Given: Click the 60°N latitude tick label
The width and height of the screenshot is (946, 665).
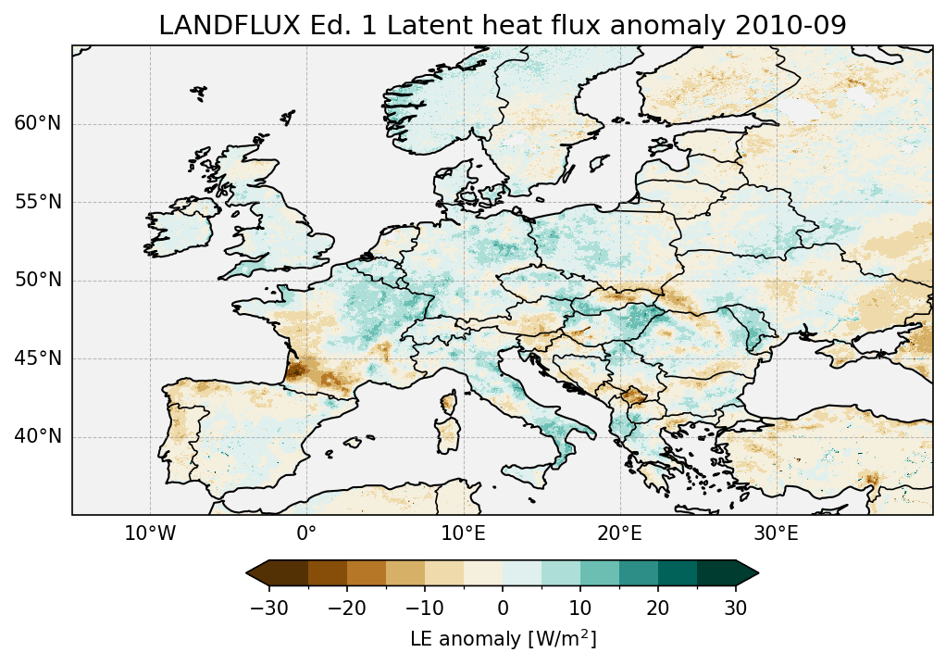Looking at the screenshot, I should point(38,124).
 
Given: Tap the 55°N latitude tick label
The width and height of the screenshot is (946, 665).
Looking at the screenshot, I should point(38,202).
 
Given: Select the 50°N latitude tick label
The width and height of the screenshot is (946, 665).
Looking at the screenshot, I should point(38,280).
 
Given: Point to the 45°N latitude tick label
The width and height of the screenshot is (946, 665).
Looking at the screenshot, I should point(38,358).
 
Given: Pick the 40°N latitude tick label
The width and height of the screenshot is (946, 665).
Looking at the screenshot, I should point(38,436).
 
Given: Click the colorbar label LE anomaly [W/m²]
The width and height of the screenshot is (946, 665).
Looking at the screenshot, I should point(503,639).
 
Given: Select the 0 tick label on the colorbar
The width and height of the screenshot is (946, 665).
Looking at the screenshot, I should point(503,608).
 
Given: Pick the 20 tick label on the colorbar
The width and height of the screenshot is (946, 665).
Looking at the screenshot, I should point(658,608).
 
